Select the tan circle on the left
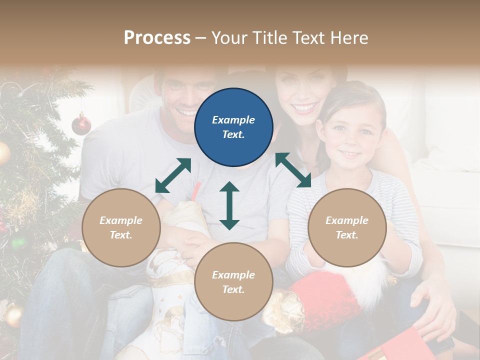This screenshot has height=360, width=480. click(x=121, y=228)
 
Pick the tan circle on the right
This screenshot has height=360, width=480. click(x=347, y=228)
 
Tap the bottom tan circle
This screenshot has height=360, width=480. click(x=233, y=282)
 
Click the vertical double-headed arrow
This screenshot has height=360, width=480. click(x=229, y=205)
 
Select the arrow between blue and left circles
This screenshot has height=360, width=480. click(x=173, y=175)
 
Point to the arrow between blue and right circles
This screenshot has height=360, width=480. click(x=293, y=170)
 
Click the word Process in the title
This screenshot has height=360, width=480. click(x=157, y=38)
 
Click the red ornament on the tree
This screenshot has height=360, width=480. click(x=81, y=124)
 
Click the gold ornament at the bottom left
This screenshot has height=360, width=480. click(x=13, y=315)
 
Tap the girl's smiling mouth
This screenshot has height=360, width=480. click(x=350, y=154)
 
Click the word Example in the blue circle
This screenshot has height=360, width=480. click(x=233, y=120)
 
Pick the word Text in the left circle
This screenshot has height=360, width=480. click(x=121, y=235)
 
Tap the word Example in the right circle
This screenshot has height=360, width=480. click(x=347, y=220)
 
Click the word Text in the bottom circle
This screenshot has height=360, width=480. click(x=233, y=289)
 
